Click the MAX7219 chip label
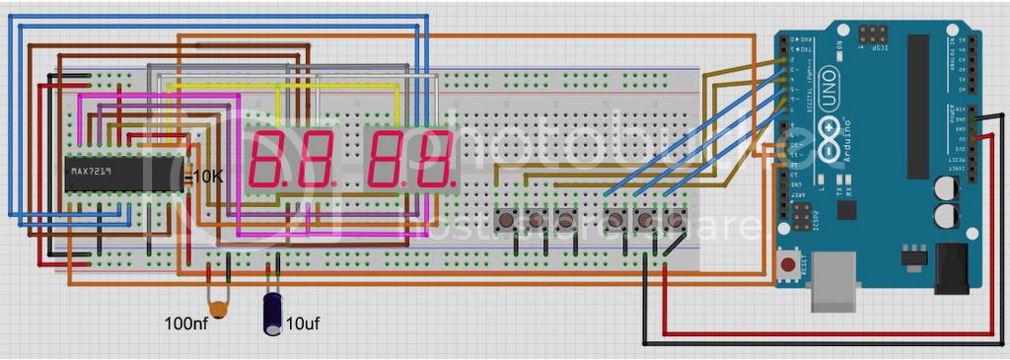coord(89,173)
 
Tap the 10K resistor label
coord(208,177)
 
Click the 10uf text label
coord(301,323)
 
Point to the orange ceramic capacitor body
coord(220,310)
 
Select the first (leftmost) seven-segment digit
coord(270,159)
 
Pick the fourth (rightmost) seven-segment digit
coord(435,159)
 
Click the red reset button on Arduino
coord(788,264)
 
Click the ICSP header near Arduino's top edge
coord(872,38)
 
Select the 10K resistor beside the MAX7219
coord(188,177)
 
